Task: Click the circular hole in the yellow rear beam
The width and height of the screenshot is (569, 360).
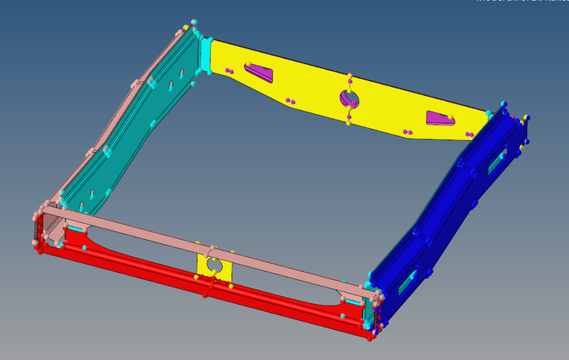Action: click(350, 99)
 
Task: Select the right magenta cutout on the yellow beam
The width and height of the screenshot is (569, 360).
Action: click(438, 119)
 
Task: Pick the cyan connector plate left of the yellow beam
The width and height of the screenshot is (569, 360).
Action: click(206, 54)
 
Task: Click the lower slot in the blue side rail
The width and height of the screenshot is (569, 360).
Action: click(405, 283)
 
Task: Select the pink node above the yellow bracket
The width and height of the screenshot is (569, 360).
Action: click(211, 250)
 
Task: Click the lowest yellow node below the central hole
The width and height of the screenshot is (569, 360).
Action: click(349, 123)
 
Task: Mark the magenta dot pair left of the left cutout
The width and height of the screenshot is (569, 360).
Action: click(229, 70)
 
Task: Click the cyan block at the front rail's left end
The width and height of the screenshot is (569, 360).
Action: click(74, 228)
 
